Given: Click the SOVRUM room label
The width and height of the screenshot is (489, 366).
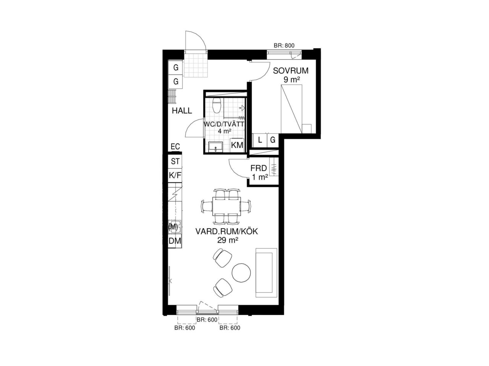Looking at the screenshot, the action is pyautogui.click(x=290, y=71).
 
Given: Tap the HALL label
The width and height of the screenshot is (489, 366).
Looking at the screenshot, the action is pyautogui.click(x=182, y=111).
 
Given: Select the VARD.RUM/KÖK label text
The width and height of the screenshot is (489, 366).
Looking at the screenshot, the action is pyautogui.click(x=227, y=232).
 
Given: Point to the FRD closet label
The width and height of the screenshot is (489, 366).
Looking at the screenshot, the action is pyautogui.click(x=258, y=168).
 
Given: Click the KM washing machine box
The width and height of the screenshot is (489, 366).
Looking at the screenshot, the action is pyautogui.click(x=237, y=145).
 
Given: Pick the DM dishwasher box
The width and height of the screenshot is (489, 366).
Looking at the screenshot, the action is pyautogui.click(x=175, y=241).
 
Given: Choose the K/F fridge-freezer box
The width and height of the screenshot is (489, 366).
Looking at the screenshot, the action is pyautogui.click(x=175, y=176).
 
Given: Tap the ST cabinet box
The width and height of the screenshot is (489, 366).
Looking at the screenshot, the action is pyautogui.click(x=175, y=161).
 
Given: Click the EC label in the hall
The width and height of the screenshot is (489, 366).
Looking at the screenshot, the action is pyautogui.click(x=175, y=147).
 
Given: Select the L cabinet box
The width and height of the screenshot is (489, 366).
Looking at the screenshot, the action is pyautogui.click(x=260, y=140).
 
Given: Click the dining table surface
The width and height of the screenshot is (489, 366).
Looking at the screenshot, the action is pyautogui.click(x=226, y=206).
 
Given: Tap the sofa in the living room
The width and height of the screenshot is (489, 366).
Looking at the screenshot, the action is pyautogui.click(x=266, y=273).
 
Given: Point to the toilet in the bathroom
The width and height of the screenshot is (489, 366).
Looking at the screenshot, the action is pyautogui.click(x=217, y=105).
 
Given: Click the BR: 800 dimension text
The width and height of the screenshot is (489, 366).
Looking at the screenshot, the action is pyautogui.click(x=284, y=46).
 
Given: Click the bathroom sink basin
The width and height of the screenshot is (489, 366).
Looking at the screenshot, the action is pyautogui.click(x=215, y=147).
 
